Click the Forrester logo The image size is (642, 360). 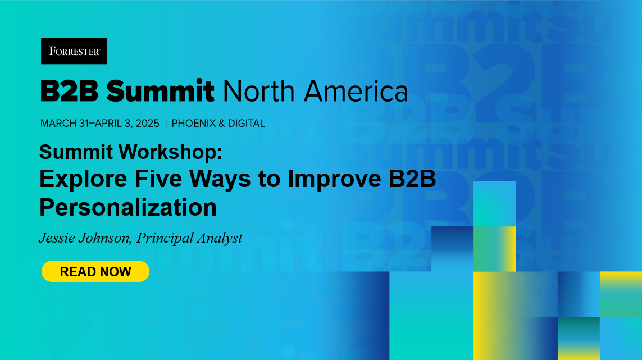(74, 51)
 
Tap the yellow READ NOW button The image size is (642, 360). (95, 271)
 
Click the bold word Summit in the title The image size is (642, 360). (160, 91)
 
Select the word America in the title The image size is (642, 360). (356, 91)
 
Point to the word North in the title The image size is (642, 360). (259, 91)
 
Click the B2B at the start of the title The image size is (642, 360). (69, 91)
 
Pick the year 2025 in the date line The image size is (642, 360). (147, 124)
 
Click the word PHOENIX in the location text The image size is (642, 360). (194, 124)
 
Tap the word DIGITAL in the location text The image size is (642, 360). (247, 124)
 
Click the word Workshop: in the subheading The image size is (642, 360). (171, 152)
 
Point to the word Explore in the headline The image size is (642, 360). (83, 179)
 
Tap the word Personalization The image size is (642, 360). (128, 207)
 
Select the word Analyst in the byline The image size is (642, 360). (220, 238)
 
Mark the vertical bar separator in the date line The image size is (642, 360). (166, 124)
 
